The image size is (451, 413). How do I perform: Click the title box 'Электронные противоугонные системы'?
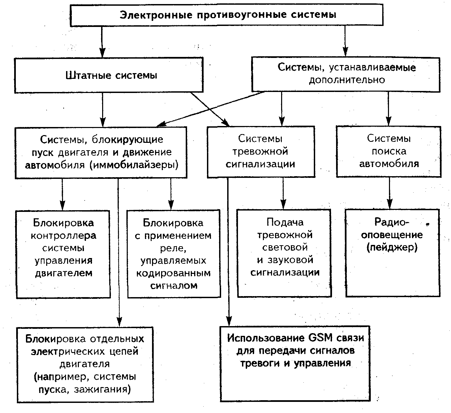227,15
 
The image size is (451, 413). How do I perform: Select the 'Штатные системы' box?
109,75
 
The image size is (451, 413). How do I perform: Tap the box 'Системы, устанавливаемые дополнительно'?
346,74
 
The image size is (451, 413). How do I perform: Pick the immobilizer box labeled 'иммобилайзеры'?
101,153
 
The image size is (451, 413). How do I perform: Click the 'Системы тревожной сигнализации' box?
261,152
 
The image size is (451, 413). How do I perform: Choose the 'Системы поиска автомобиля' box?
389,152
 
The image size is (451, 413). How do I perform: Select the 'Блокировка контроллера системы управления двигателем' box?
63,254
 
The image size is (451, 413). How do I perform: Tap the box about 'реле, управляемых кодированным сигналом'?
174,254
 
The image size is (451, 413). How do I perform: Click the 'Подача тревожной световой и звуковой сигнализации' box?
284,253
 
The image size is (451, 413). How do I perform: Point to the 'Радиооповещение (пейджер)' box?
393,253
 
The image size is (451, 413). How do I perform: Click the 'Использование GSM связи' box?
295,363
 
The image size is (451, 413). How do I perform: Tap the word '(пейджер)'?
392,247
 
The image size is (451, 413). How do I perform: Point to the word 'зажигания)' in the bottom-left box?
102,389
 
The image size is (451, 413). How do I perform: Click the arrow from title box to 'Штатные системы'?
102,42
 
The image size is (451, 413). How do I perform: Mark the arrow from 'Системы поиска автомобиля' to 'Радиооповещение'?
390,193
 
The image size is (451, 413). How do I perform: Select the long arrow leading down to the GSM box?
228,252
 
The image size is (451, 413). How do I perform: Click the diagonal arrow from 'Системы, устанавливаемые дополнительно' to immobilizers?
210,109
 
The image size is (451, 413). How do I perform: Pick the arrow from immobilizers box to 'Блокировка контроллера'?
62,194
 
